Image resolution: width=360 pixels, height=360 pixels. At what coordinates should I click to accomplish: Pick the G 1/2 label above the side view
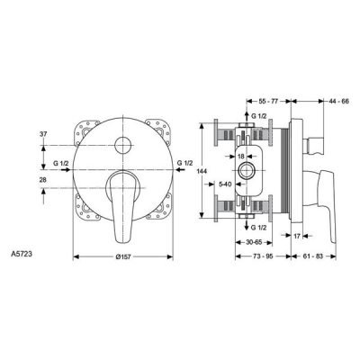256,117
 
